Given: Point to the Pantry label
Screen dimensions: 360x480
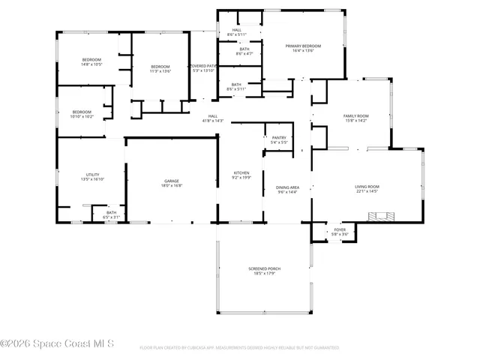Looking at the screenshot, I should coord(279,137).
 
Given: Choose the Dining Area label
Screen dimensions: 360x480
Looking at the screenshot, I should coord(288,187).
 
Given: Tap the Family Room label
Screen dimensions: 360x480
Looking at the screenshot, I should coord(355,115).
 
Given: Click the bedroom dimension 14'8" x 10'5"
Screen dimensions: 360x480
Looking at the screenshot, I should coord(91,64).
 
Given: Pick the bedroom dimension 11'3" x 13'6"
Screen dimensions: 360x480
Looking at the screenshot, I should coord(160,71).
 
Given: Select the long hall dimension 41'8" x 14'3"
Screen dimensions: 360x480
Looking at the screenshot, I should coord(213,121).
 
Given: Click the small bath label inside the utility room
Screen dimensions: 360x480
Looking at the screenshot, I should coord(111,212).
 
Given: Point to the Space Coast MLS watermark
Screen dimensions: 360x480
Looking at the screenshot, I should coord(57,344).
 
